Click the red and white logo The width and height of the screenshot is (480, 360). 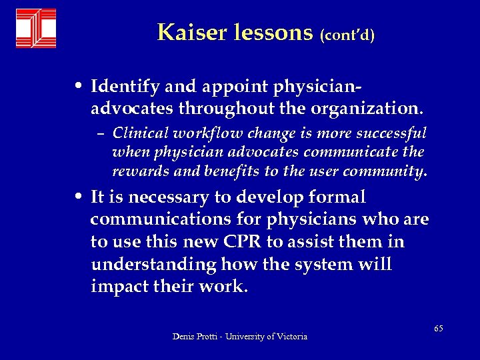point(36,28)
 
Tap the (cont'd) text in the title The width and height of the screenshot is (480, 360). point(347,35)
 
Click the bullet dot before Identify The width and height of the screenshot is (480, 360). point(79,87)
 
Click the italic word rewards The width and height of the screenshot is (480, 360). point(137,171)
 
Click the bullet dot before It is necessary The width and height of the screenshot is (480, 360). point(79,198)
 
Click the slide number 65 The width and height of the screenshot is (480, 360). point(438,328)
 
